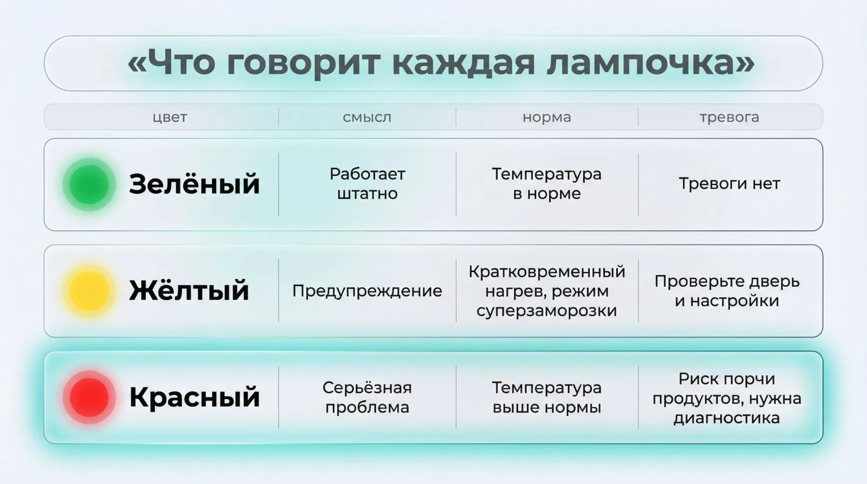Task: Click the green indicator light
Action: tap(89, 185)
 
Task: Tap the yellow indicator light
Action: tap(89, 291)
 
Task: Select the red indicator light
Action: tap(89, 397)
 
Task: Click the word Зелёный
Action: tap(194, 184)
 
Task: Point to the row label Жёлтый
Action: tap(189, 290)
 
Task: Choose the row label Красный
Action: tap(194, 397)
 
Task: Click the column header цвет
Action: tap(170, 117)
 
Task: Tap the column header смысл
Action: tap(367, 117)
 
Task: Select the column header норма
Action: tap(547, 117)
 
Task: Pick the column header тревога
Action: tap(729, 117)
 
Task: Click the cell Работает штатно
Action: tap(367, 184)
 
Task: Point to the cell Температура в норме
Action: tap(547, 184)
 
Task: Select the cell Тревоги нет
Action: tap(729, 184)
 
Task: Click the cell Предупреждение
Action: tap(367, 291)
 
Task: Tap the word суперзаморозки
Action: tap(547, 311)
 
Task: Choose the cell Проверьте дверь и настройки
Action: tap(727, 291)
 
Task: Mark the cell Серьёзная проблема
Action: tap(367, 397)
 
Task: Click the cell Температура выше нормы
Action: tap(547, 397)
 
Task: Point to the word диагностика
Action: tap(727, 418)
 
